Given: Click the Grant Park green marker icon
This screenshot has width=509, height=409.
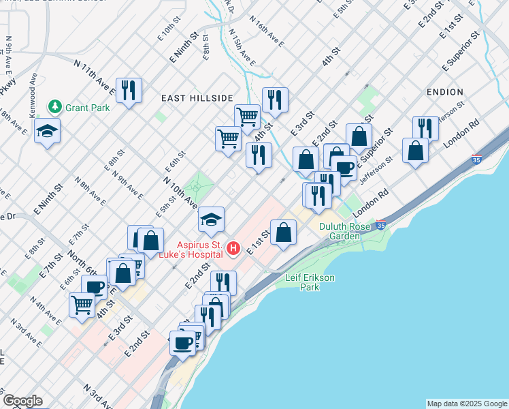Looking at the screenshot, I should (x=54, y=107).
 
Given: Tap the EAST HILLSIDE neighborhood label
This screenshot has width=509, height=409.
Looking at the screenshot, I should (x=197, y=98).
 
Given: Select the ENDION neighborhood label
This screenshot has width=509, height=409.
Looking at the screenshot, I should (x=445, y=91).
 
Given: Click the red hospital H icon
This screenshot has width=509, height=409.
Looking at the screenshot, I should (x=233, y=249).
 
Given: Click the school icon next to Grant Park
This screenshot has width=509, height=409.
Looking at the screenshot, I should (x=47, y=130).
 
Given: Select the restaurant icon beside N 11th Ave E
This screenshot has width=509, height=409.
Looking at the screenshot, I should (x=128, y=90).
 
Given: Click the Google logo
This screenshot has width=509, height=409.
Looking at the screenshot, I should (x=22, y=401).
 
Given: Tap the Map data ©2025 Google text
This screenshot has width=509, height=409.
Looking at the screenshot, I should (x=467, y=404).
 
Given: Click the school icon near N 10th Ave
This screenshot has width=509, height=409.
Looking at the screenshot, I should (x=211, y=219).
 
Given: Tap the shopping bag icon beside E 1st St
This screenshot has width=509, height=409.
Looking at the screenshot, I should (x=283, y=232).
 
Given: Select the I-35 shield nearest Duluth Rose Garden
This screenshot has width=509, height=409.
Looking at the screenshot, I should (x=381, y=224).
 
